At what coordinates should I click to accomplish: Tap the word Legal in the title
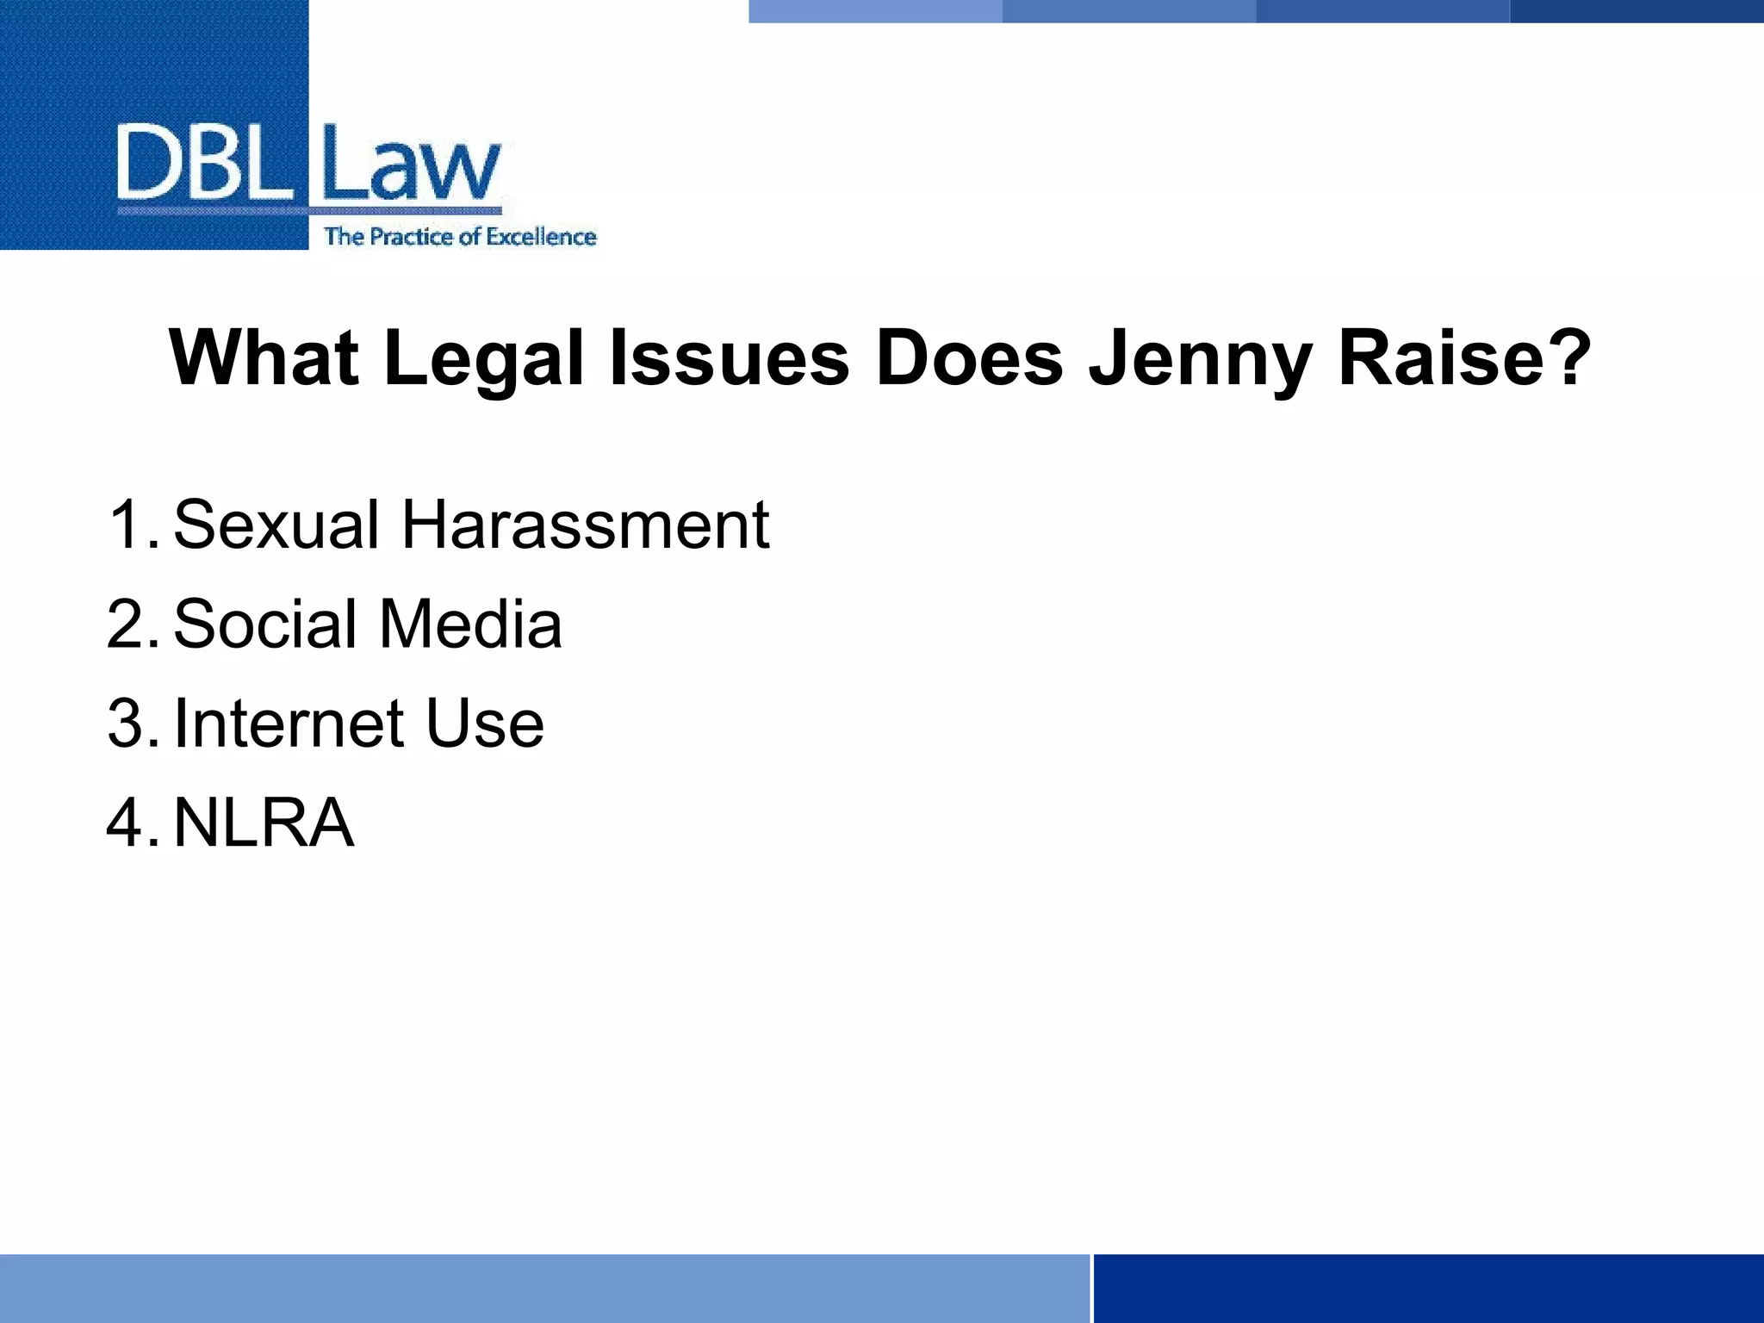click(483, 360)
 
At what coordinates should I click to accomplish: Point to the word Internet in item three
click(289, 723)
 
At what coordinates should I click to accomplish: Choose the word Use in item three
click(485, 723)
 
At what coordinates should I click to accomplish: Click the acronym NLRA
click(264, 823)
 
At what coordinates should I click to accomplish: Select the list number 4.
click(130, 823)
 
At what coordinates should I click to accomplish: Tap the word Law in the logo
click(410, 164)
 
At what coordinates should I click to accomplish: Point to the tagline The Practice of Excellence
click(460, 237)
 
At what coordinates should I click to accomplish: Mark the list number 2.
click(130, 624)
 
